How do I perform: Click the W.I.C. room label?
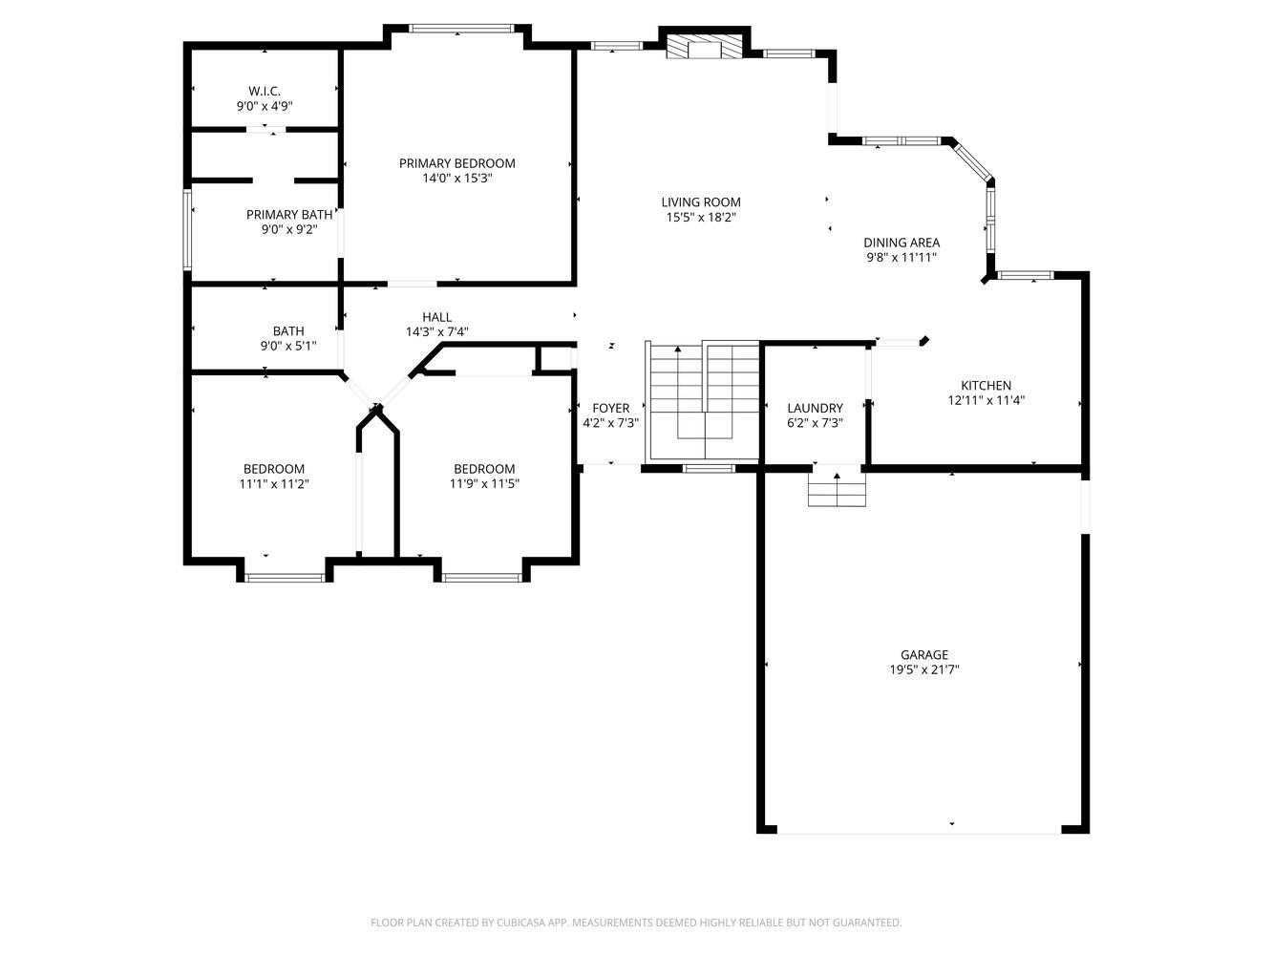(x=265, y=91)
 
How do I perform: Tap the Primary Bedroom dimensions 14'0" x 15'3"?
(x=457, y=178)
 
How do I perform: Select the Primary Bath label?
(x=289, y=215)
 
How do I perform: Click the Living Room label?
(x=701, y=202)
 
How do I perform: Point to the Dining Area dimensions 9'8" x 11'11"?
(x=902, y=258)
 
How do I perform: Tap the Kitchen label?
(x=986, y=386)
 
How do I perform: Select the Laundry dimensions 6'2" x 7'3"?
(x=815, y=423)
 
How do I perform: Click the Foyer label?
(x=610, y=408)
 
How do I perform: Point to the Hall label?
(x=436, y=317)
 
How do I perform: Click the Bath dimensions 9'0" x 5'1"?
(x=288, y=346)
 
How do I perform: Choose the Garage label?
(x=924, y=654)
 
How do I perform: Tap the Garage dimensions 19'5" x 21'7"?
(x=924, y=669)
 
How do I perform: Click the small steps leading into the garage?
(x=837, y=487)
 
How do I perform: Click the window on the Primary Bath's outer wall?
(x=187, y=229)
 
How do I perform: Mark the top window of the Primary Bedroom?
(x=461, y=28)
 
